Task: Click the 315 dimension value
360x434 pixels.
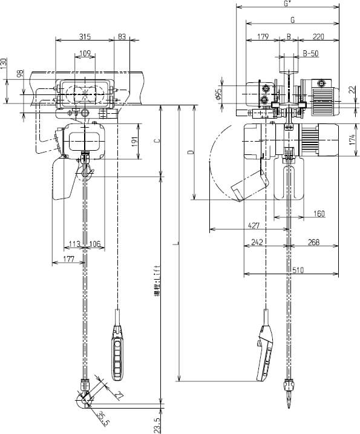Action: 85,37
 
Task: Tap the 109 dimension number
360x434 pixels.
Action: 86,54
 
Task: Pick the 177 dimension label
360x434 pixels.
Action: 68,260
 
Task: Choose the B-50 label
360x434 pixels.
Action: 310,54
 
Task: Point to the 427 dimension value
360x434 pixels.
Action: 254,226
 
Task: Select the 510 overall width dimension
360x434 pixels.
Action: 298,271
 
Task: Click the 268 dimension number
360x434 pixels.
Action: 313,243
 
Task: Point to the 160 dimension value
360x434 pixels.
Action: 319,213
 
